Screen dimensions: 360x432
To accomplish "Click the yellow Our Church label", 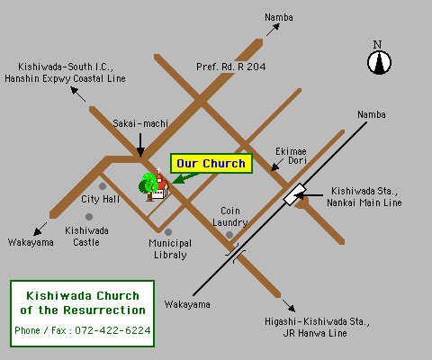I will point(211,164).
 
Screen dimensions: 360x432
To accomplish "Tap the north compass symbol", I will point(379,60).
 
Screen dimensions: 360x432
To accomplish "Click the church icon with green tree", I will point(153,184).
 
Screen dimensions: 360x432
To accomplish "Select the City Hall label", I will point(101,199).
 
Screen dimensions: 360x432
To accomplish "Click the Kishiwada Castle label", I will point(87,236).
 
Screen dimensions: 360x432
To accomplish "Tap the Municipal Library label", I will point(170,248).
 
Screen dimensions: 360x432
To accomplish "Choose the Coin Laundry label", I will point(229,216).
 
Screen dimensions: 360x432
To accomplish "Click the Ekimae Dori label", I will point(292,155).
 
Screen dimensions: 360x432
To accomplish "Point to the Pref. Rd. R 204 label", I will point(231,66).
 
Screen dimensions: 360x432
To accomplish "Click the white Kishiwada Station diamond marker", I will point(293,193).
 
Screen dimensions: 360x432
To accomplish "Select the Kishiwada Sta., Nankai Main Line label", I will point(365,197).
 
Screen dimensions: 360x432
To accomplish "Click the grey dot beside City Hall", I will point(103,186).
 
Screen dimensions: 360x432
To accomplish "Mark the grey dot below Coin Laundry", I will point(230,235).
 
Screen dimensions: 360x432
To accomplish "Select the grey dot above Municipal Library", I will point(168,232).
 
